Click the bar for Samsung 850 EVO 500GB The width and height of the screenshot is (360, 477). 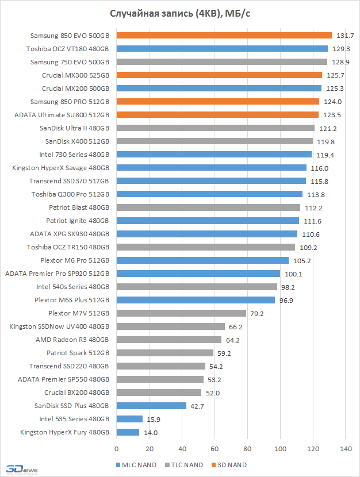tap(224, 35)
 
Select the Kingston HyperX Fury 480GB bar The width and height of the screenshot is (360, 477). tap(128, 432)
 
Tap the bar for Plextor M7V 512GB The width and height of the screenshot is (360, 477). tap(181, 313)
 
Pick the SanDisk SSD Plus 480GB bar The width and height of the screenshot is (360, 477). tap(151, 406)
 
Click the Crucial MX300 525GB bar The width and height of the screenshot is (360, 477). tap(219, 75)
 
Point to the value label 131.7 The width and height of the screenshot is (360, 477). tap(344, 36)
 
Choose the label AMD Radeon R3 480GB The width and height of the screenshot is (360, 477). tap(76, 340)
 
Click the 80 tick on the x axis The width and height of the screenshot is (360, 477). tap(247, 448)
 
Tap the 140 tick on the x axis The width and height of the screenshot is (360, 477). tap(346, 448)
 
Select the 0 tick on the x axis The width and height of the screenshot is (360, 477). tap(117, 448)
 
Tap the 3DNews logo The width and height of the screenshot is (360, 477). tap(20, 468)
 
